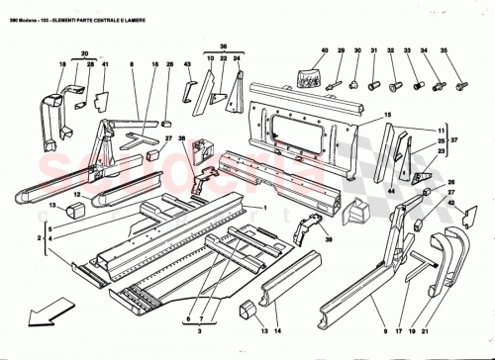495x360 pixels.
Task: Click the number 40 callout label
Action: (x=324, y=49)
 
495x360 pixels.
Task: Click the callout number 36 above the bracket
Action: (x=223, y=45)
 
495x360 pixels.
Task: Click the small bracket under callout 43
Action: (x=185, y=90)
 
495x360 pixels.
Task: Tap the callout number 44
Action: (x=391, y=189)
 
